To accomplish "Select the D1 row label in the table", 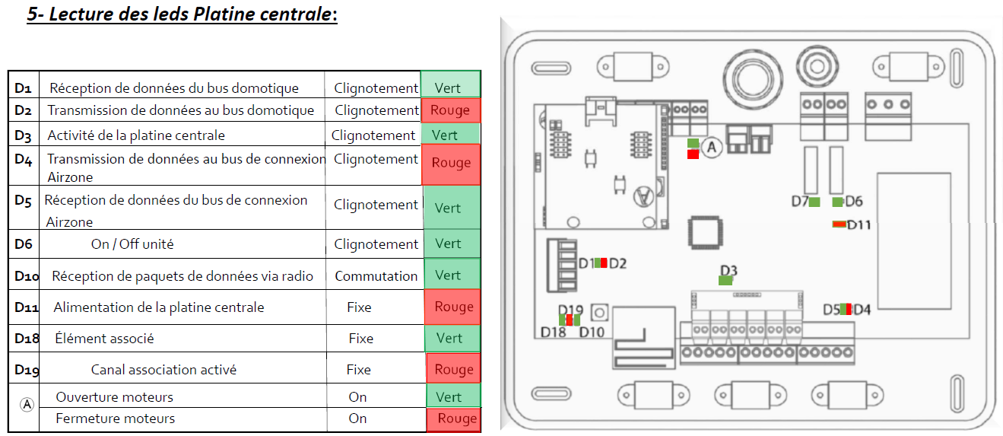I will [x=23, y=88].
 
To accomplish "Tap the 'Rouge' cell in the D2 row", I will [x=450, y=110].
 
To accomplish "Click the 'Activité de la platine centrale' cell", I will [x=136, y=135].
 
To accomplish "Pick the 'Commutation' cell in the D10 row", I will [x=376, y=275].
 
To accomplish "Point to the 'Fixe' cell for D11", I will [x=359, y=307].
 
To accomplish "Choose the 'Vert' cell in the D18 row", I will [x=449, y=338].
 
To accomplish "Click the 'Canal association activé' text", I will [x=163, y=370].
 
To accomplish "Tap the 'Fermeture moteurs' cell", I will [x=116, y=418].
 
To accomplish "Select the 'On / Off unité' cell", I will [x=132, y=244].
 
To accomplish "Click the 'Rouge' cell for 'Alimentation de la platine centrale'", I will [x=453, y=307].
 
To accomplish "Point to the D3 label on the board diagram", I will [x=728, y=270].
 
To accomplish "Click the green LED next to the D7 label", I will [x=814, y=202].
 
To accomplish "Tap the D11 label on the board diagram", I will [x=859, y=224].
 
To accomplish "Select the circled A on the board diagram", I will [x=712, y=148].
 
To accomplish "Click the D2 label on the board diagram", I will [x=617, y=263].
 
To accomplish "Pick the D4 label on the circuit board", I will [x=862, y=309].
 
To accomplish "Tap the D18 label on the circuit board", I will [x=553, y=332].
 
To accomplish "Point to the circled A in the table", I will [x=27, y=406].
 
